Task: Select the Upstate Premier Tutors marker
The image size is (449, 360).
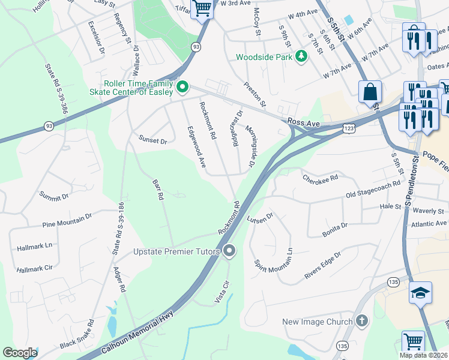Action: pos(228,251)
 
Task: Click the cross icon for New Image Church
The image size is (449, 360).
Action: pos(361,322)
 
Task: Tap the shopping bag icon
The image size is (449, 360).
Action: pos(370,92)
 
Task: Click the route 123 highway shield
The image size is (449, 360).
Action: pos(348,127)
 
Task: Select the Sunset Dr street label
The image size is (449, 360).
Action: pos(152,140)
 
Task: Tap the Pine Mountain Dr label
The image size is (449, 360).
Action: pos(67,220)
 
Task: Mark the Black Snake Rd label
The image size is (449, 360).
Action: pos(77,334)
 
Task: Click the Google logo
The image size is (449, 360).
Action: pos(20,352)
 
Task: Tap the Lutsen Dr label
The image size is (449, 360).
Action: pos(260,217)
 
